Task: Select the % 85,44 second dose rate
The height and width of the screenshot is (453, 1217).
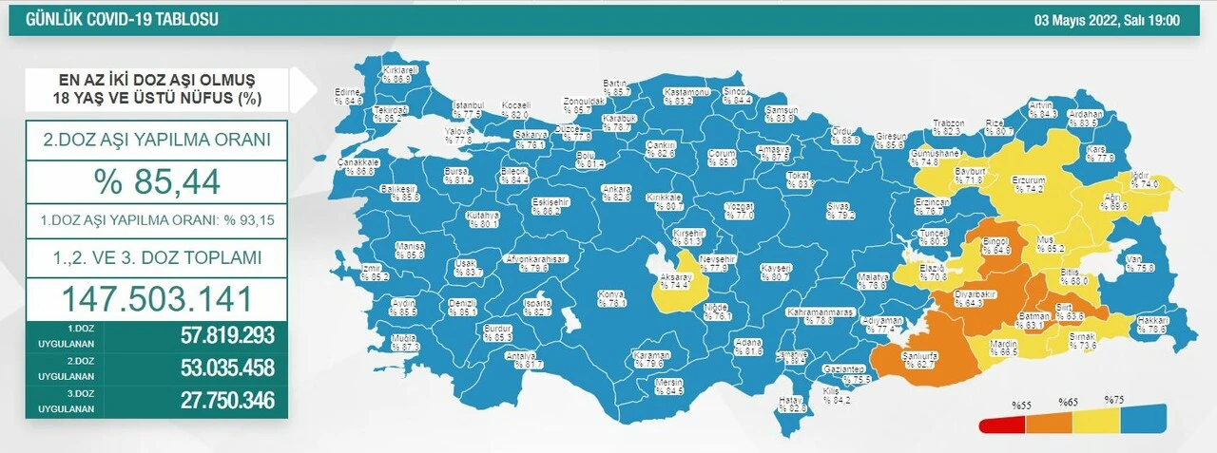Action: (x=157, y=179)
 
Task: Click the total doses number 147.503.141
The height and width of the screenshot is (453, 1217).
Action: (x=157, y=298)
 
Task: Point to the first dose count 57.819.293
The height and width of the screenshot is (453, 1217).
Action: (x=227, y=335)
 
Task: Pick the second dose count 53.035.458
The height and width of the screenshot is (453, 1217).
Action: (x=227, y=368)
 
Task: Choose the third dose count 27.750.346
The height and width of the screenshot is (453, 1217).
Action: (x=227, y=400)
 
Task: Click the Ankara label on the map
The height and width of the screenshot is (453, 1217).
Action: (x=617, y=188)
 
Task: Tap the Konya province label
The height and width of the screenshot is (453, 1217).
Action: (x=610, y=295)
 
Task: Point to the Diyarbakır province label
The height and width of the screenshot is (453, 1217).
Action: (x=975, y=294)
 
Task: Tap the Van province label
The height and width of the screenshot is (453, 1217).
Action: (x=1133, y=259)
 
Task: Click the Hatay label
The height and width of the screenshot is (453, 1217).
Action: (x=792, y=400)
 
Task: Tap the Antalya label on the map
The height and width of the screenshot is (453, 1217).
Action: (x=515, y=354)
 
